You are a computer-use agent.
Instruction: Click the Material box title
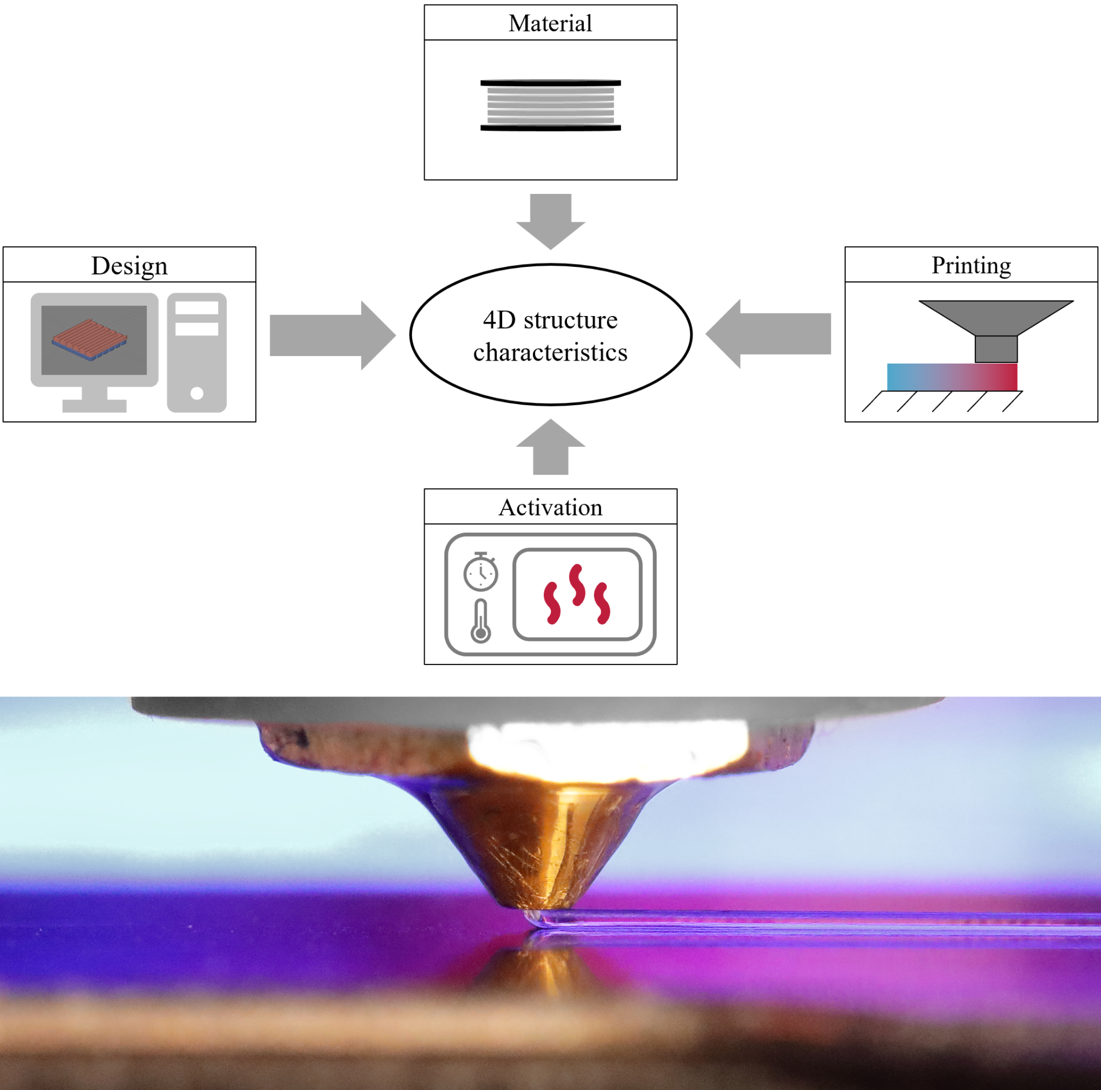550,24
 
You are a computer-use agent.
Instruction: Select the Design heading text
129,266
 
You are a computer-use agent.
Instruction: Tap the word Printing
971,266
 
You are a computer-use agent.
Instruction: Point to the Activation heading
550,508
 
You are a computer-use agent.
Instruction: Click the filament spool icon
550,105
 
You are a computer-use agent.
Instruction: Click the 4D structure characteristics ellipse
550,335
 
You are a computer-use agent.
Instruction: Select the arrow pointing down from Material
550,221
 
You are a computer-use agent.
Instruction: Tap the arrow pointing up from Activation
550,447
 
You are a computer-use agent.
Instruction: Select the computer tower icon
197,353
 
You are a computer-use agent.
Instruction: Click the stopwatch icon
480,572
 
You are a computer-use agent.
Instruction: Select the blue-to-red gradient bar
952,377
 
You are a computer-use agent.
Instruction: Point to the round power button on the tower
197,394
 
